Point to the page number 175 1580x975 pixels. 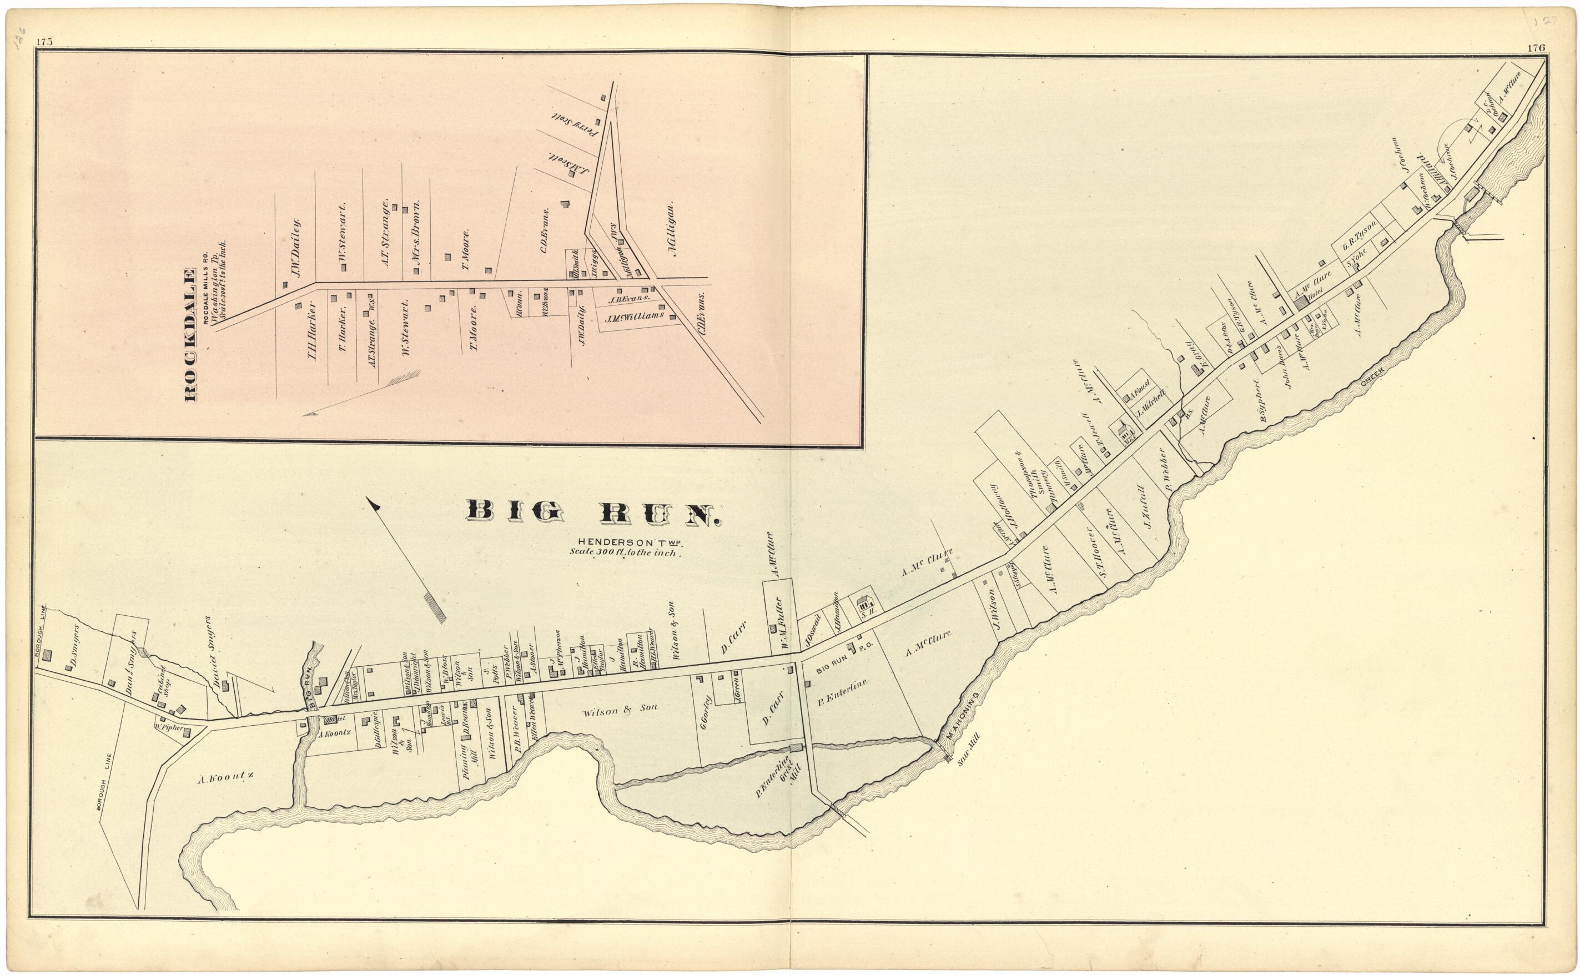pyautogui.click(x=44, y=42)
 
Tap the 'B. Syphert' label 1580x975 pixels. pyautogui.click(x=1265, y=403)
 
